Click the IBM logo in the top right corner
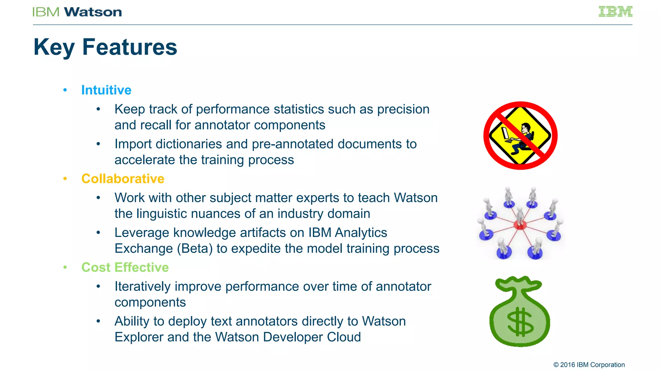click(x=615, y=12)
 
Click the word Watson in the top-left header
click(x=93, y=12)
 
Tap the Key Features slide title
click(x=105, y=47)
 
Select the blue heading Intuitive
click(x=106, y=90)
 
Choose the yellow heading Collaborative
click(x=123, y=179)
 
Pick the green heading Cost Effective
click(x=125, y=267)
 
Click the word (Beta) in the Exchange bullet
click(x=195, y=249)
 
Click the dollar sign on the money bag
click(x=520, y=322)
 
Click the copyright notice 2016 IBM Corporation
click(x=589, y=365)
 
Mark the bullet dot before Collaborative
click(x=65, y=179)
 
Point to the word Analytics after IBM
click(x=361, y=233)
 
